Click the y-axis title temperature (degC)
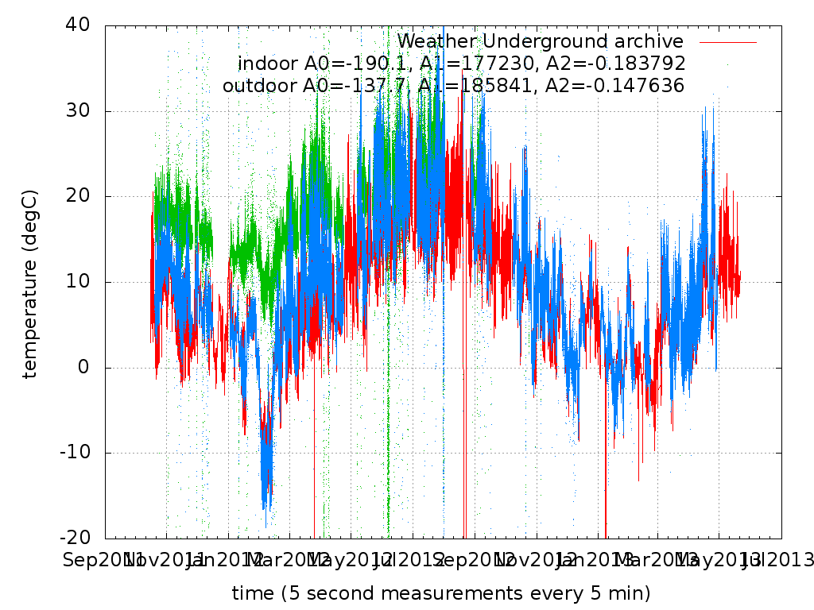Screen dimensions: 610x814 pyautogui.click(x=30, y=284)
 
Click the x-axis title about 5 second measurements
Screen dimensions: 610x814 pyautogui.click(x=441, y=593)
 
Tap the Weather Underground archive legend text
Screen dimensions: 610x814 pyautogui.click(x=540, y=41)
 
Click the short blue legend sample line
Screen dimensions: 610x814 pyautogui.click(x=727, y=41)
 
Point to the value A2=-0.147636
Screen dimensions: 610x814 pyautogui.click(x=610, y=86)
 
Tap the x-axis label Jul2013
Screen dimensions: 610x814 pyautogui.click(x=779, y=561)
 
